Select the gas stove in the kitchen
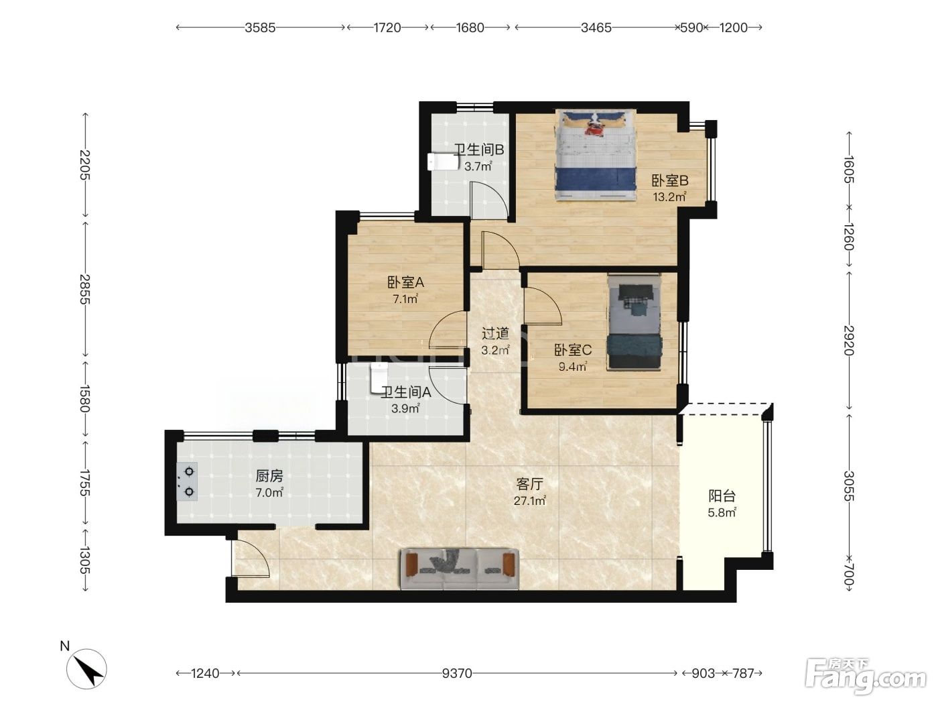tap(187, 481)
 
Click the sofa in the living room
tap(460, 569)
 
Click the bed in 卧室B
tap(596, 155)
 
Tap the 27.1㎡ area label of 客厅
tap(529, 501)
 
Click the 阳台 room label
tap(722, 496)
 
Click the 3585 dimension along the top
tap(260, 27)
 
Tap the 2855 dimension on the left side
tap(85, 290)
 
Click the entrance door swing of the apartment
tap(251, 558)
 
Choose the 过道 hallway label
tap(495, 333)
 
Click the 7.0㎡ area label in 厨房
tap(269, 493)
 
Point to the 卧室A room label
tap(405, 282)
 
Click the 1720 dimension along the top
tap(387, 27)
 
